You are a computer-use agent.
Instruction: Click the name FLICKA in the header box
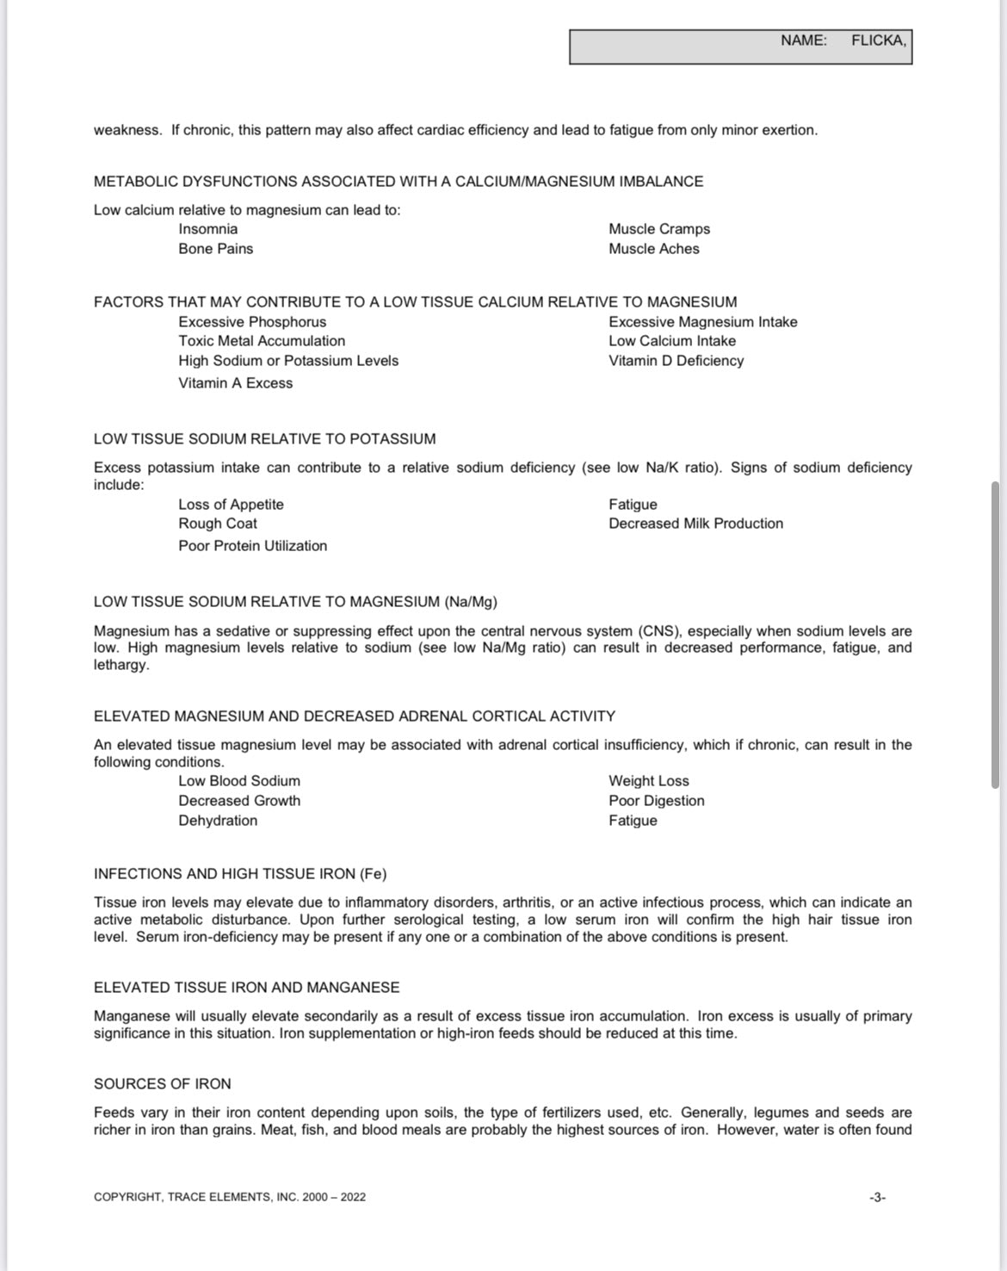(x=878, y=40)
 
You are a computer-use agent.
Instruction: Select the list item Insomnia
(x=208, y=229)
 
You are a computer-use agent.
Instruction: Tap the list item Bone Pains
(x=216, y=249)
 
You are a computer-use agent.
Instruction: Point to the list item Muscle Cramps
(x=659, y=229)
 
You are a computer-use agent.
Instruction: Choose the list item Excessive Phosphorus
(x=252, y=322)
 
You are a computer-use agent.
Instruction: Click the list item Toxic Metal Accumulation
(x=262, y=341)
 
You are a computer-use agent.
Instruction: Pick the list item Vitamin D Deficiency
(x=676, y=361)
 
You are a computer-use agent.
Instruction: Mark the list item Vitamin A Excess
(x=236, y=383)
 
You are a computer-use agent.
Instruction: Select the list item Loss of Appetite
(x=231, y=505)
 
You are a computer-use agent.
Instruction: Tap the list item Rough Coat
(x=218, y=524)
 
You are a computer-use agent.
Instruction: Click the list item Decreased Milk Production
(x=695, y=524)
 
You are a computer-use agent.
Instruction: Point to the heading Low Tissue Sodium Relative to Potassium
(x=264, y=439)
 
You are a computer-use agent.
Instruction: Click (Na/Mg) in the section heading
(x=471, y=602)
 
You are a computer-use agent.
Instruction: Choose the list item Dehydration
(x=218, y=821)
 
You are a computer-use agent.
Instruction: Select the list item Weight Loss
(x=649, y=781)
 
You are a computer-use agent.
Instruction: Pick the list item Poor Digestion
(x=657, y=801)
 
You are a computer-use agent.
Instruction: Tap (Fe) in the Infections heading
(x=373, y=874)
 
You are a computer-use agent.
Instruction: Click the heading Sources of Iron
(x=163, y=1084)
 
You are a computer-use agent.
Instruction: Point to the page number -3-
(x=877, y=1197)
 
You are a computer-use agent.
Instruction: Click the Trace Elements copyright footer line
(x=230, y=1197)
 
